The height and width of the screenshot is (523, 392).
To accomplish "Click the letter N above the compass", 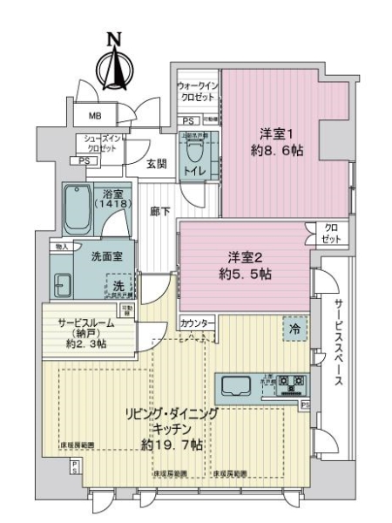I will pos(113,38).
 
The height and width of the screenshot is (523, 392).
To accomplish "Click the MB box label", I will pos(94,115).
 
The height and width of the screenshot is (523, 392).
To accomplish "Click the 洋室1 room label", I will pos(272,132).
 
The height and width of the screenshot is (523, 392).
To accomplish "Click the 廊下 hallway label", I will pos(159,209).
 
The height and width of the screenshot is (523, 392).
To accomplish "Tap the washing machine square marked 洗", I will pos(118,285).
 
